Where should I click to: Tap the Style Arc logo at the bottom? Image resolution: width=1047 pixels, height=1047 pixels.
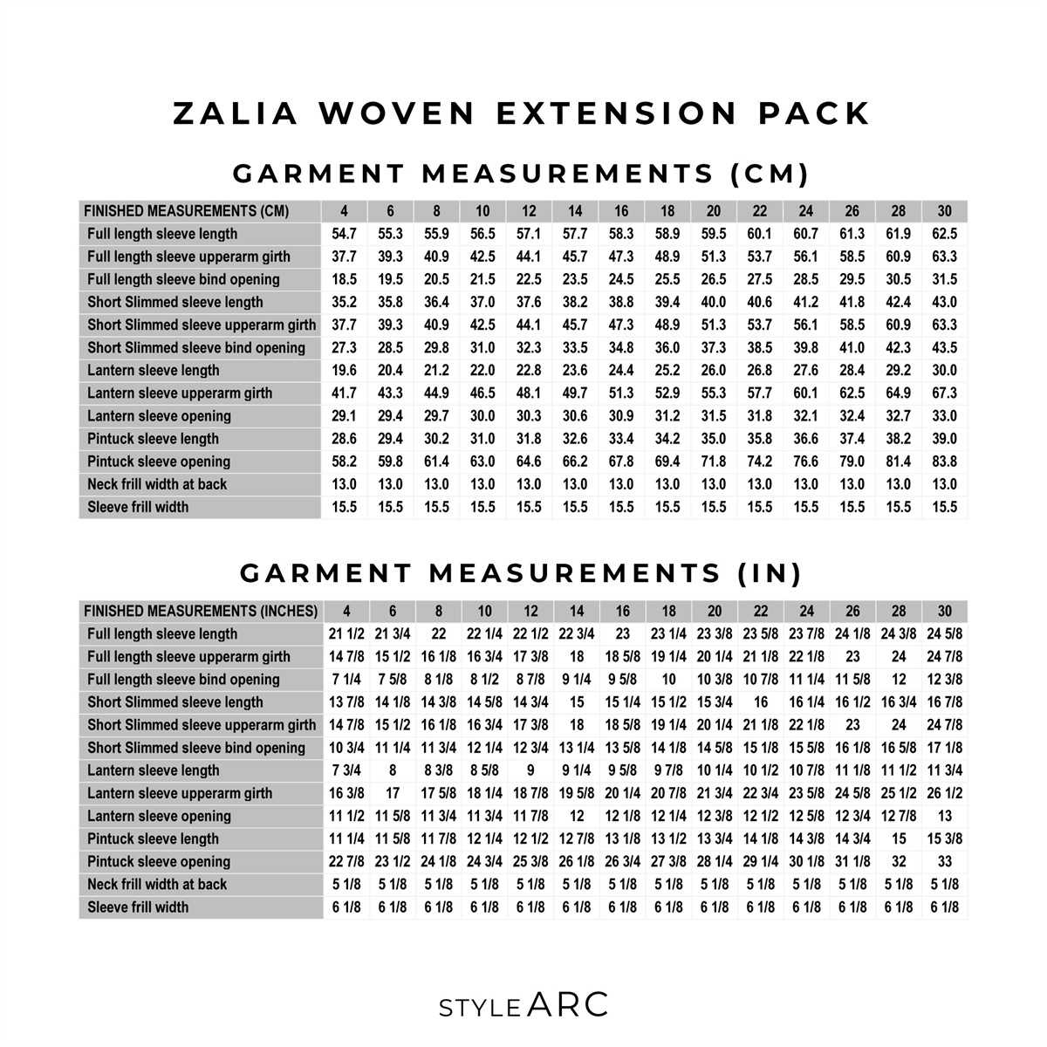(523, 1005)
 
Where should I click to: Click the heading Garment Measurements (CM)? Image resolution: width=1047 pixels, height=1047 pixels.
(522, 174)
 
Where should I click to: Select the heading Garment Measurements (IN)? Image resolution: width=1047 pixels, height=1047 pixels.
(522, 573)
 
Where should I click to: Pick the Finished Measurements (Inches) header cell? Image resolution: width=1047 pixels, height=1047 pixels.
(201, 612)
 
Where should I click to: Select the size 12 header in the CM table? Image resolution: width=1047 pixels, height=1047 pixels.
(529, 211)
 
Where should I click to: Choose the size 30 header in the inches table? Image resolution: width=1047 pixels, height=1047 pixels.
(945, 612)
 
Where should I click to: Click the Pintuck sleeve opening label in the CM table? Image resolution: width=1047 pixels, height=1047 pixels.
(159, 462)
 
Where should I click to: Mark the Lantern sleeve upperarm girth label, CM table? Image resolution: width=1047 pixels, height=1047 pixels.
(180, 393)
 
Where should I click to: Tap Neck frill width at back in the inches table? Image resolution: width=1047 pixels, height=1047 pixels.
(157, 885)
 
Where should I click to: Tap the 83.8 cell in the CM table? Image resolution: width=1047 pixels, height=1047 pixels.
(944, 462)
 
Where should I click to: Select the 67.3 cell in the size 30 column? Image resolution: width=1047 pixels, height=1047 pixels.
(944, 393)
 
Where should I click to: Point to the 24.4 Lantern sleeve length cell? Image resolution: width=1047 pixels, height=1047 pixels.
(621, 371)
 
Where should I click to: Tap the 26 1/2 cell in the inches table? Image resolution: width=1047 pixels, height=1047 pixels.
(945, 794)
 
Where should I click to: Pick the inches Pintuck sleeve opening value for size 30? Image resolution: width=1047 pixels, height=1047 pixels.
(945, 862)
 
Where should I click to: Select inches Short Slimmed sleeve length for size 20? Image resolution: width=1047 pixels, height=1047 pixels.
(715, 702)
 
